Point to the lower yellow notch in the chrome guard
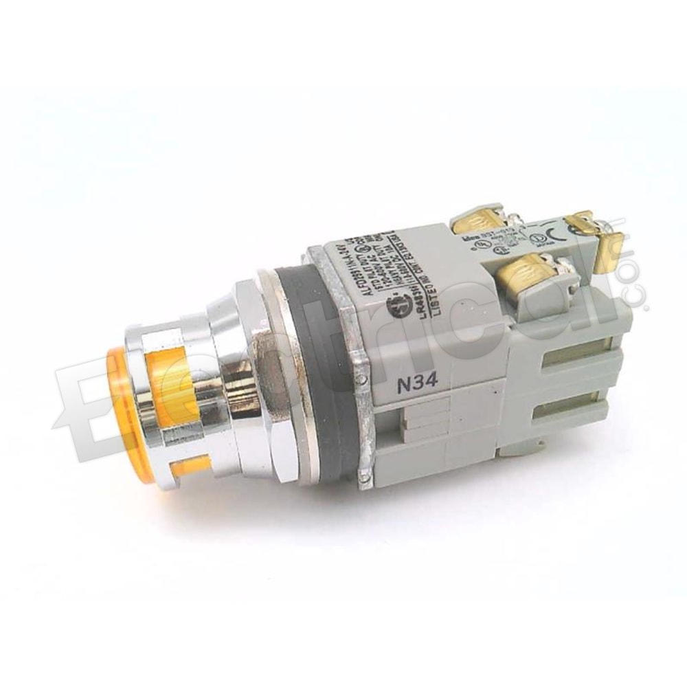pyautogui.click(x=189, y=468)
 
